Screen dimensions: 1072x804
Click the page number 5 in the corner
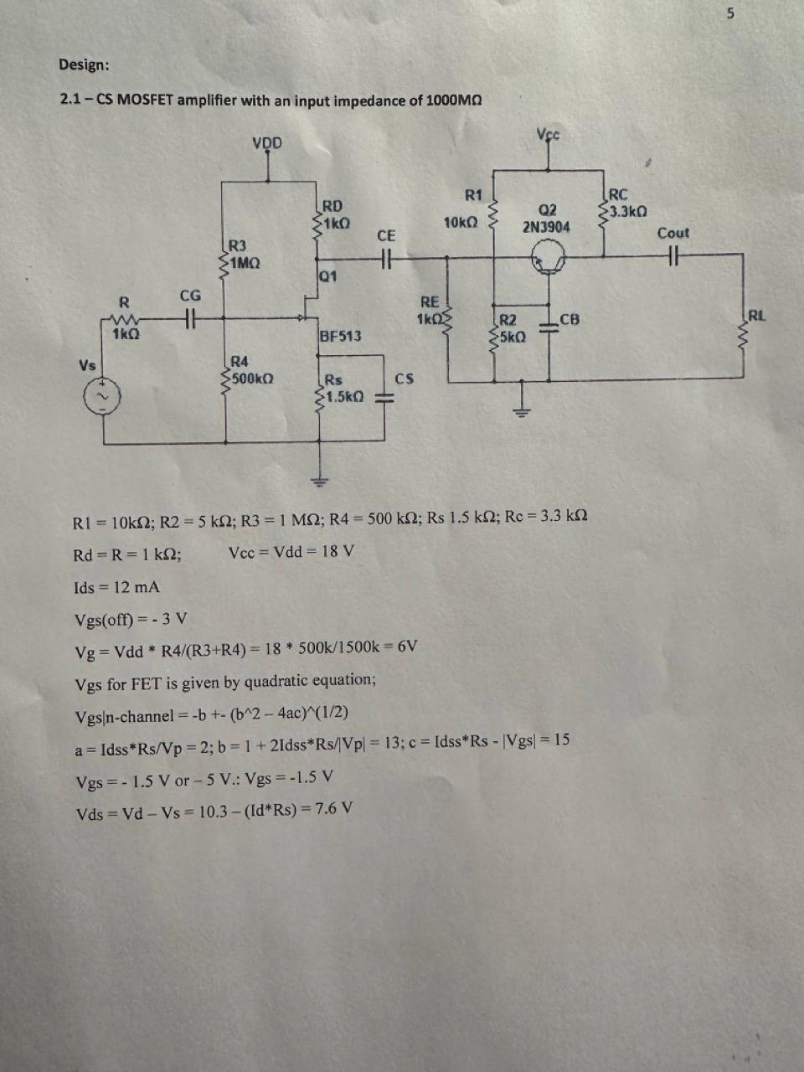tap(730, 13)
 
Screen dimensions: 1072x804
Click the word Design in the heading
tap(83, 64)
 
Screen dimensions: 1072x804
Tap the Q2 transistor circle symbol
tap(549, 260)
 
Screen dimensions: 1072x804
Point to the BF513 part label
tap(340, 336)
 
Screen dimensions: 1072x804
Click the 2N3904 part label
tap(546, 227)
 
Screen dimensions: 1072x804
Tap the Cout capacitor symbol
tap(672, 257)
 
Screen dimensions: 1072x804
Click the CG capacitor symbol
tap(190, 317)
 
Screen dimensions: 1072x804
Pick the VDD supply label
tap(267, 142)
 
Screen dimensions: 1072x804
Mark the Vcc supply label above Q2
tap(549, 134)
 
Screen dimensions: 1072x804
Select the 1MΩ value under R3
tap(245, 263)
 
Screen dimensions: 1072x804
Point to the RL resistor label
tap(755, 316)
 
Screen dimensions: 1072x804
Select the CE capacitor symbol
tap(385, 258)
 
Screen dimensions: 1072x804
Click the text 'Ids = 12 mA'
tap(117, 587)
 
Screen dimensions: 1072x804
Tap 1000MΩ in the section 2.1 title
tap(453, 100)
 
